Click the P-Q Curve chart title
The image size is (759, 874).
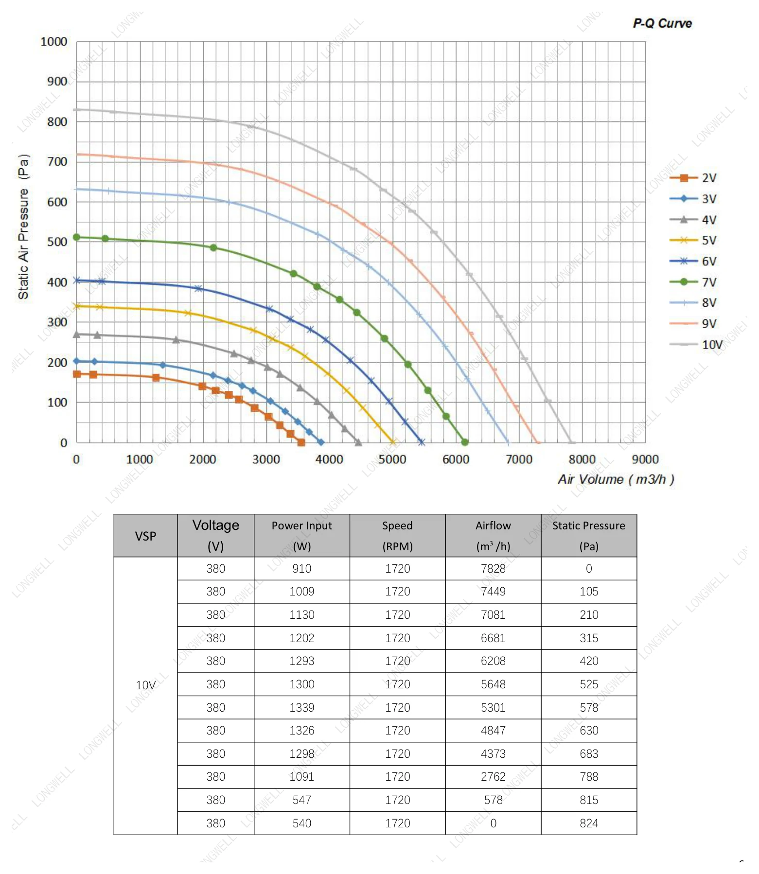pyautogui.click(x=662, y=23)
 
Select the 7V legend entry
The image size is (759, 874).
pyautogui.click(x=693, y=282)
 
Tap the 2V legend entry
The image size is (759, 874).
pyautogui.click(x=693, y=178)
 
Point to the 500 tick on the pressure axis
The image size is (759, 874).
pyautogui.click(x=57, y=242)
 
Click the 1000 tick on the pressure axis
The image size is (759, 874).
pyautogui.click(x=53, y=42)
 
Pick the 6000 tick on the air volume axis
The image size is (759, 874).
pyautogui.click(x=456, y=459)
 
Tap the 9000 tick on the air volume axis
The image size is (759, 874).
pyautogui.click(x=645, y=459)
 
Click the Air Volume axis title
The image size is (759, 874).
pyautogui.click(x=616, y=479)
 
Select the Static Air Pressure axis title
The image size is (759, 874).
pyautogui.click(x=23, y=227)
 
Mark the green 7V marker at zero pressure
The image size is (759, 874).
pyautogui.click(x=465, y=442)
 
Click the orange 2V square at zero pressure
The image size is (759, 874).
pyautogui.click(x=301, y=442)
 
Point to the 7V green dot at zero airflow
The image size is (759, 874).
pyautogui.click(x=76, y=237)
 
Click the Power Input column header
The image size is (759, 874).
pyautogui.click(x=301, y=536)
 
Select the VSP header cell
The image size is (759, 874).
pyautogui.click(x=145, y=536)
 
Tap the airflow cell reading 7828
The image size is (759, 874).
pyautogui.click(x=493, y=569)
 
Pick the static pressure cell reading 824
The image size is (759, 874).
pyautogui.click(x=589, y=823)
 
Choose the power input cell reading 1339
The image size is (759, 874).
pyautogui.click(x=301, y=708)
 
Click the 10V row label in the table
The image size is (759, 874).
pyautogui.click(x=145, y=685)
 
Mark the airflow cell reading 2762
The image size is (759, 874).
pyautogui.click(x=493, y=777)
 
